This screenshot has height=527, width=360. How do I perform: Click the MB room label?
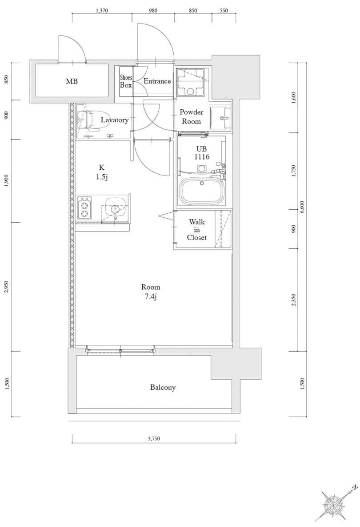tap(72, 81)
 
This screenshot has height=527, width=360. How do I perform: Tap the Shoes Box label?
tap(126, 81)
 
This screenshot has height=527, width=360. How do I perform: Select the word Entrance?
tap(157, 81)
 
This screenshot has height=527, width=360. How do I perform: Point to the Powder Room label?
tap(191, 116)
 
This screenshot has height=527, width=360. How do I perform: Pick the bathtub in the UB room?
tap(202, 191)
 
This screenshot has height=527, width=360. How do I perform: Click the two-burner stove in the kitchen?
tap(85, 208)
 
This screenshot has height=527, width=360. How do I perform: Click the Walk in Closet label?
tap(196, 230)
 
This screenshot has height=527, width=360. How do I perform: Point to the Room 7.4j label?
tap(150, 292)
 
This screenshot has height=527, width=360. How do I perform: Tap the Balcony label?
tap(163, 387)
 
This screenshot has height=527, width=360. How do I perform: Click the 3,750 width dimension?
tap(154, 439)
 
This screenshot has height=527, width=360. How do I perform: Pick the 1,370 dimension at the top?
tap(101, 10)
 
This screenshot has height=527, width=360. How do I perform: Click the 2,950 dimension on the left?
tap(7, 287)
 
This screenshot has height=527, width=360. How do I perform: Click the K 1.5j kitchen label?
tap(101, 172)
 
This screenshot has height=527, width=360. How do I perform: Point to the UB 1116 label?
tap(202, 152)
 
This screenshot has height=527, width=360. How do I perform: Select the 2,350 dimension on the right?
tap(294, 299)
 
